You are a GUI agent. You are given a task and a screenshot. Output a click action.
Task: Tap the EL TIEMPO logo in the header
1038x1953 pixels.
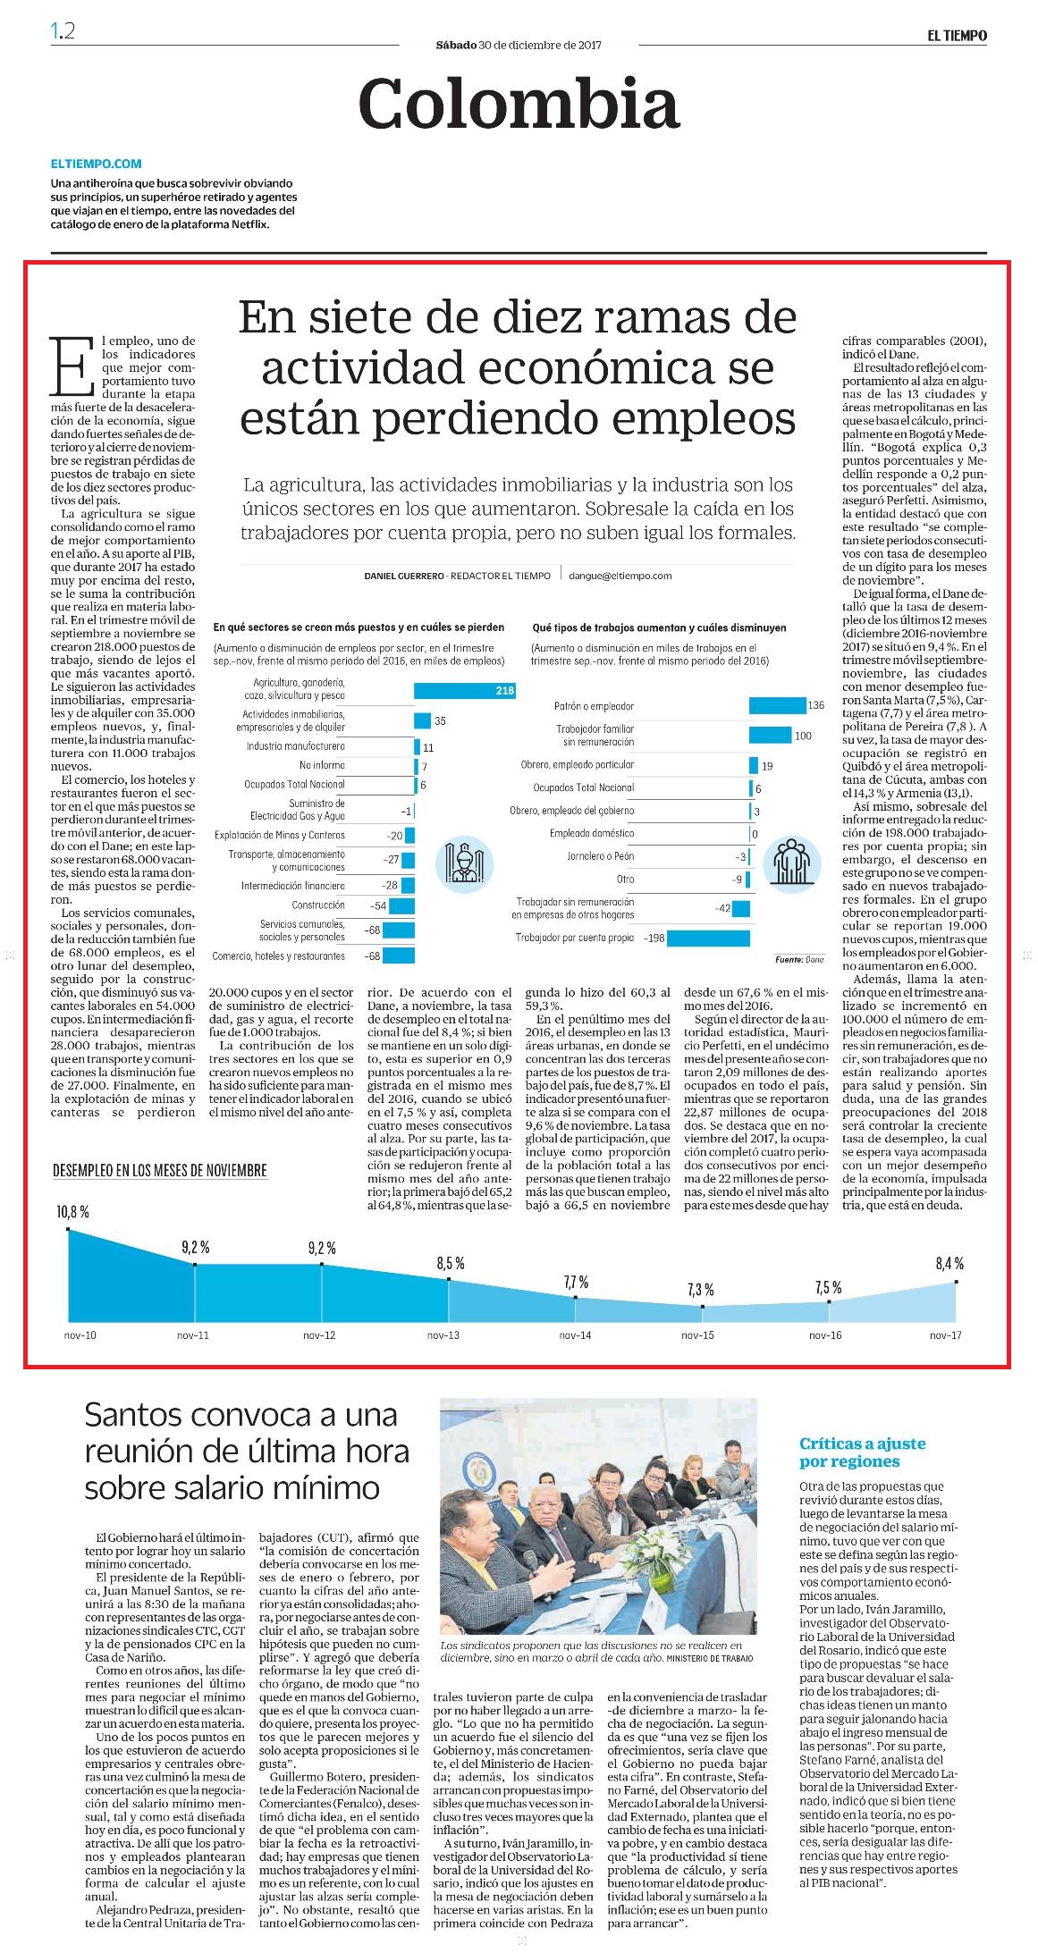957,36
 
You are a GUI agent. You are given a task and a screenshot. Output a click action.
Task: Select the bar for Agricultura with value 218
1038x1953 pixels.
465,690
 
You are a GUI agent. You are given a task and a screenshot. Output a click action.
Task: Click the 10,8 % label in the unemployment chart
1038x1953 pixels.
72,1213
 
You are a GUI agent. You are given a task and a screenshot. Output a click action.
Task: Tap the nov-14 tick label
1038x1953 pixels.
575,1335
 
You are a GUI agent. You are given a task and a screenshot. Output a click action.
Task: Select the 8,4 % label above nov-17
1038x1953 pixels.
949,1264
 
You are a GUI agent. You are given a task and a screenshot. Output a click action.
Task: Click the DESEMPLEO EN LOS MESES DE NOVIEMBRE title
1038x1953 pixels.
160,1170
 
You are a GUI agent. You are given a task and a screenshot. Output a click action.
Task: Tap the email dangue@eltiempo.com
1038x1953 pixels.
620,577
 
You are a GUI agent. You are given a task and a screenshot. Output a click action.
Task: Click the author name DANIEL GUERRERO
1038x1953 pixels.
402,577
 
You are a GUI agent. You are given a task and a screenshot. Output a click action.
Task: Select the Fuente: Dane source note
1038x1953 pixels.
799,959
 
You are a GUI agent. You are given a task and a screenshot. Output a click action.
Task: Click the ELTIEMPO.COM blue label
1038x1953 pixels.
97,164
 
